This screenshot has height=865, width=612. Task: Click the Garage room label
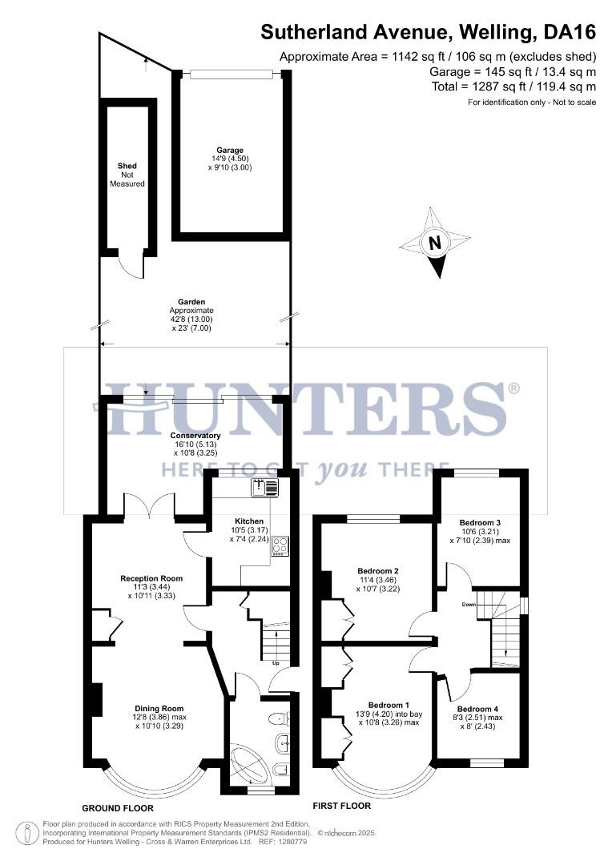click(229, 150)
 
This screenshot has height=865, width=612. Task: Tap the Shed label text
click(127, 167)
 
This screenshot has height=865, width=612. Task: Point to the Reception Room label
click(151, 578)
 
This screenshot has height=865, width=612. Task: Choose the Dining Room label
click(159, 708)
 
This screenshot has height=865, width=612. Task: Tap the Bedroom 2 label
click(378, 571)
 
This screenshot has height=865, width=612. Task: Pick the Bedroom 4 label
click(478, 709)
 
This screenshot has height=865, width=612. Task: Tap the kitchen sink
click(264, 485)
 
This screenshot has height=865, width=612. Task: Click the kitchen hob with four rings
click(280, 545)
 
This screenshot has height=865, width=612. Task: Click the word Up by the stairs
click(276, 664)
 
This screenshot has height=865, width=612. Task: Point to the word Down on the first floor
click(469, 605)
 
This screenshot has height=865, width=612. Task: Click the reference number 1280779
click(292, 842)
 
